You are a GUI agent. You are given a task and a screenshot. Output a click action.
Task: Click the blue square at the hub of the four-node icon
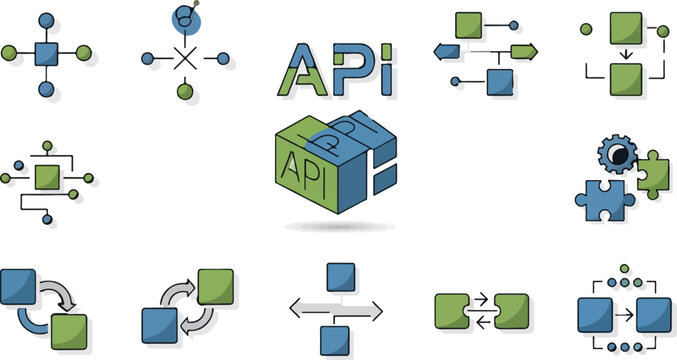46,52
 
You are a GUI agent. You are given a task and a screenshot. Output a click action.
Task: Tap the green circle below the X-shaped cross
185,92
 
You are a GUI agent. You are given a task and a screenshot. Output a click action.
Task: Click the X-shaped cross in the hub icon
185,58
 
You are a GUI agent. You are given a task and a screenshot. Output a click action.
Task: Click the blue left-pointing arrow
445,51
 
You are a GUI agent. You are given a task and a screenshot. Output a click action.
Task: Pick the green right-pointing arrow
524,51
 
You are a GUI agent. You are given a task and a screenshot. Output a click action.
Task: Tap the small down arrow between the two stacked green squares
626,54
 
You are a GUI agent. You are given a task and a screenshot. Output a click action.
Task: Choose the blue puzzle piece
601,198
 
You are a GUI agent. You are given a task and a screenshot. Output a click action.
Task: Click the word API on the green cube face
299,164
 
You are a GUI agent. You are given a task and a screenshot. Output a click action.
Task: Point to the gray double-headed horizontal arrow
336,311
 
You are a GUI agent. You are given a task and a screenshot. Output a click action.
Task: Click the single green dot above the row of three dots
625,268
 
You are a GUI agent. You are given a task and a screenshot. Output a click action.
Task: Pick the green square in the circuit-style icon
46,178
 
